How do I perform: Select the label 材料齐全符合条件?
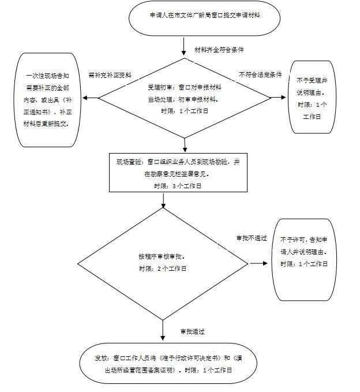219,51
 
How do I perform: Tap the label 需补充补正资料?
110,75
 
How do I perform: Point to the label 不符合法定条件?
260,75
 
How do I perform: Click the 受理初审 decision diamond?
184,99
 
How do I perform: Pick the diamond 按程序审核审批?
163,263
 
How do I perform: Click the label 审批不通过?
252,238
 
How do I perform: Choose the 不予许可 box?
304,259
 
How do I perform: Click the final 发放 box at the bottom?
164,364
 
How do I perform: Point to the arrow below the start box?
184,45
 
